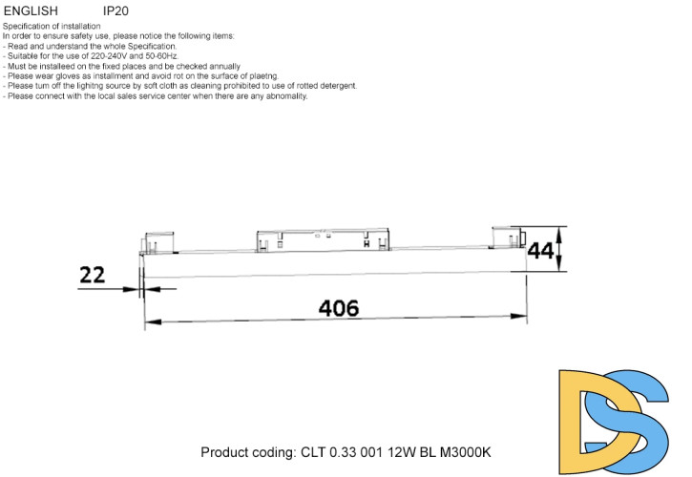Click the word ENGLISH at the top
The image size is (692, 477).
(x=31, y=10)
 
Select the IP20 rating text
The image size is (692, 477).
(x=115, y=10)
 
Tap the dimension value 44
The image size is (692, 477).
(x=541, y=251)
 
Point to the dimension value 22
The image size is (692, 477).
(x=93, y=275)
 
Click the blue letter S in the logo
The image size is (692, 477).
(x=641, y=420)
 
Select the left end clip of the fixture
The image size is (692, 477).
(x=157, y=243)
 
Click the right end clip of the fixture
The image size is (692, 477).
(x=506, y=238)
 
